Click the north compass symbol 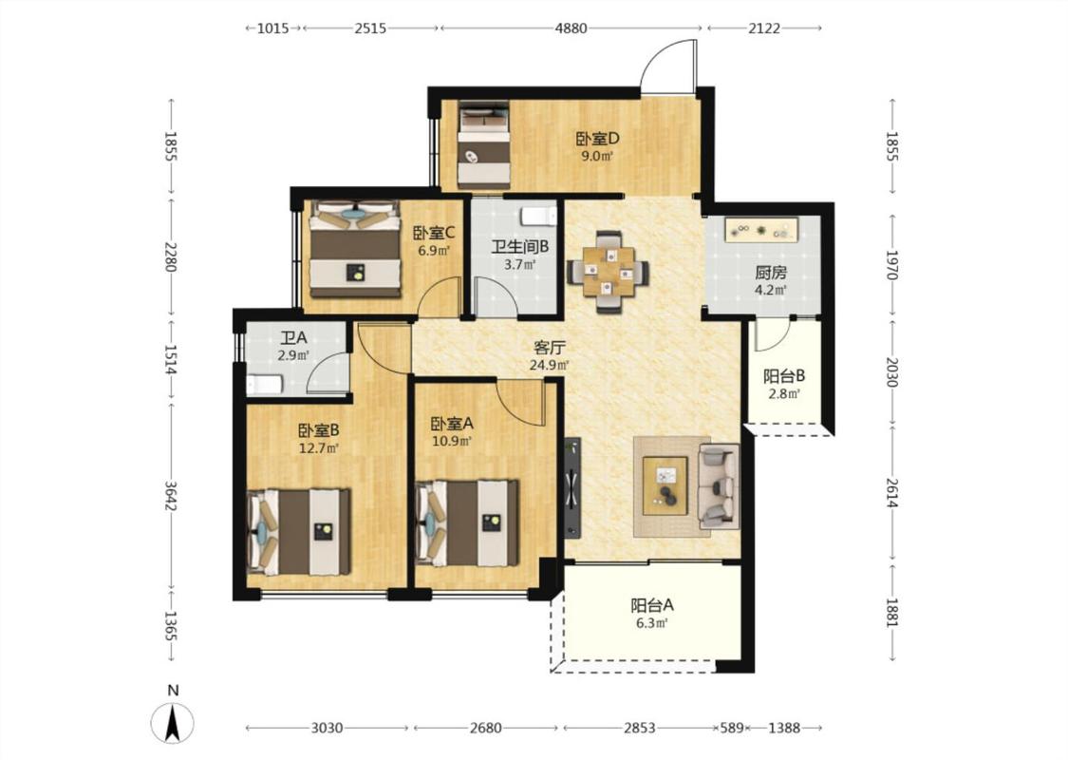(x=173, y=721)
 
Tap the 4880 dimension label (x=571, y=28)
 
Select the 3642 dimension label (x=171, y=497)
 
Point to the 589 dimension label (x=732, y=728)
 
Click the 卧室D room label (x=598, y=139)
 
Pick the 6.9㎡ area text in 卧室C (x=434, y=250)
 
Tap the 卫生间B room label (x=519, y=246)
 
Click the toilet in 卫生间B (x=539, y=216)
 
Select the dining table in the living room (x=608, y=272)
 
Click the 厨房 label (x=771, y=273)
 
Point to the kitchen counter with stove (x=763, y=230)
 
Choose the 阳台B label (x=784, y=375)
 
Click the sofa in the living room (x=720, y=486)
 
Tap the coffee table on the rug (x=665, y=486)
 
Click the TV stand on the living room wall (x=572, y=487)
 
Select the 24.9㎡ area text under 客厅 (x=549, y=365)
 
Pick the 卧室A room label (x=452, y=424)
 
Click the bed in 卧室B (x=299, y=531)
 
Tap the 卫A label (x=293, y=337)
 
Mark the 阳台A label (x=652, y=604)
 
